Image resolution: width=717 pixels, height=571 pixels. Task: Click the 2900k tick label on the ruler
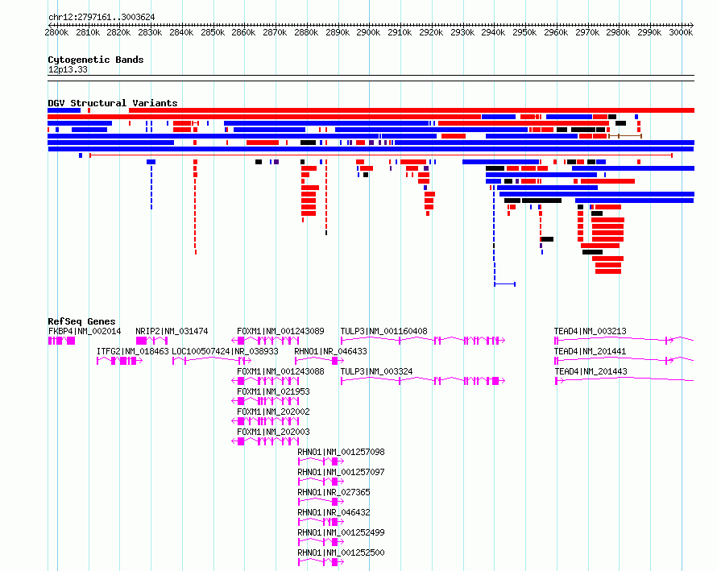[x=368, y=32]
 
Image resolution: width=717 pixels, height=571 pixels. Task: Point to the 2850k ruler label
[x=213, y=32]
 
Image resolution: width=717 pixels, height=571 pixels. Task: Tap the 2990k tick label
[x=649, y=32]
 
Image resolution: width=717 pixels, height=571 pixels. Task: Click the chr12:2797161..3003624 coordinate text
[x=102, y=18]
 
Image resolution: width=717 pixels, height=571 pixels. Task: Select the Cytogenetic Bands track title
[x=96, y=60]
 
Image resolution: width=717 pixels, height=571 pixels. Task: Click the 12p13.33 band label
[x=68, y=69]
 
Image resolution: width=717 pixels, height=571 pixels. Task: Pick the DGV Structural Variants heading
[x=113, y=103]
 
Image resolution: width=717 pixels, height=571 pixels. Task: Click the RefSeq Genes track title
[x=81, y=321]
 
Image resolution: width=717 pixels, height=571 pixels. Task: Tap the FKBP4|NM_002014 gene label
[x=85, y=331]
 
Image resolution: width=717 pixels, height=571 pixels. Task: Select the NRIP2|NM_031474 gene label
[x=172, y=331]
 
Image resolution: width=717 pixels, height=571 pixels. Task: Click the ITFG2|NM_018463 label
[x=133, y=351]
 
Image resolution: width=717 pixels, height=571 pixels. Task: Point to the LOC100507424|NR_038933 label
[x=225, y=351]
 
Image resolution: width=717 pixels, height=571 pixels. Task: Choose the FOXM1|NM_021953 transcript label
[x=273, y=391]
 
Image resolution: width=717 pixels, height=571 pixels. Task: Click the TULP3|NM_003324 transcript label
[x=376, y=371]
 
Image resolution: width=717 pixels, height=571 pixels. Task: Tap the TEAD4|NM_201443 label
[x=591, y=371]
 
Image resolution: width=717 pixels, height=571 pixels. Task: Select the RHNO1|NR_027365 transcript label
[x=334, y=492]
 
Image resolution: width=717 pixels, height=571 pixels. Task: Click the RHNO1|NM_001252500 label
[x=341, y=552]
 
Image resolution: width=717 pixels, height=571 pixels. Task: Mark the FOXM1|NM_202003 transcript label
[x=273, y=432]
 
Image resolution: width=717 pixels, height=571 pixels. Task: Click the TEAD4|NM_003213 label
[x=591, y=331]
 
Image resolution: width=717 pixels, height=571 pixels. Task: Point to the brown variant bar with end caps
[x=625, y=136]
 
